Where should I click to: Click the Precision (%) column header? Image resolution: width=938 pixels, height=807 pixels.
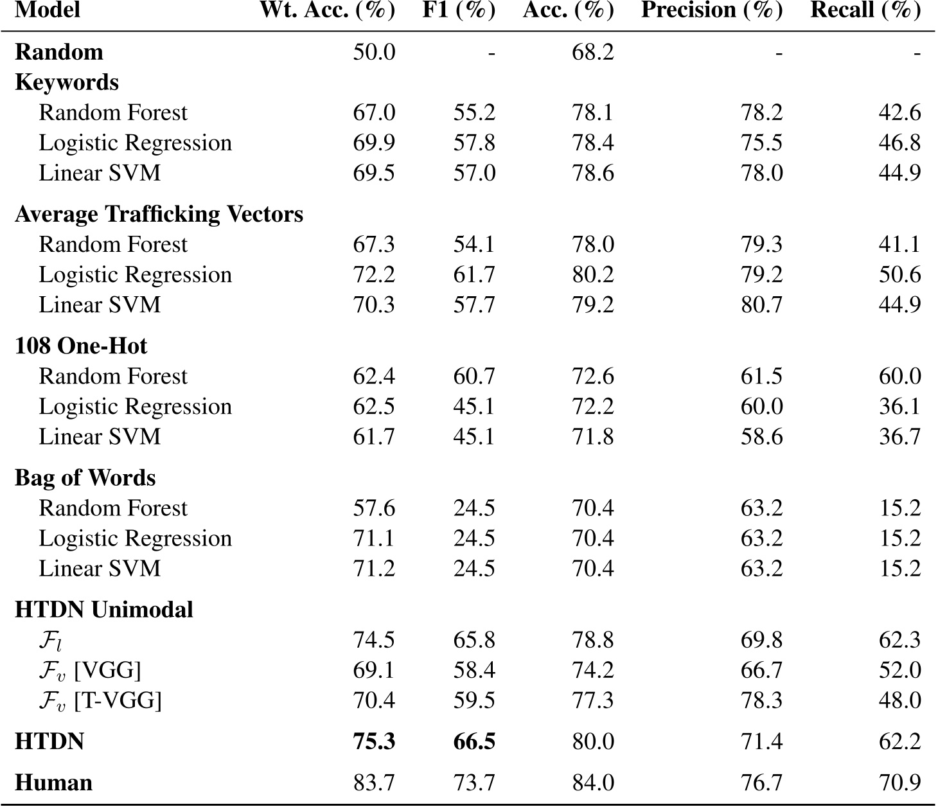click(712, 11)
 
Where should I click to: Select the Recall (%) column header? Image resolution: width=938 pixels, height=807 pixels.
click(865, 11)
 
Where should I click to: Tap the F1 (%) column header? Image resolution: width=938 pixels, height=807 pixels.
click(459, 11)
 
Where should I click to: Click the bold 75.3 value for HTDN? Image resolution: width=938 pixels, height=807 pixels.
click(374, 741)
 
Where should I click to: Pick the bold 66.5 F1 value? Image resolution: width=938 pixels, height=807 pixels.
click(474, 741)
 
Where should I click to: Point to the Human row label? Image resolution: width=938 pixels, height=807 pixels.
click(53, 783)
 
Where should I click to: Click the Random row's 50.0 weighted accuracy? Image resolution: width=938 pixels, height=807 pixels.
click(374, 52)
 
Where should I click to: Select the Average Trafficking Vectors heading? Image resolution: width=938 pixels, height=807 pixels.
click(159, 214)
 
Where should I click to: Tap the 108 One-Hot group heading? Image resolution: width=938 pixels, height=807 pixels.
click(81, 346)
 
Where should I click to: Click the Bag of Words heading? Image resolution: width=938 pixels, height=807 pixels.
click(85, 478)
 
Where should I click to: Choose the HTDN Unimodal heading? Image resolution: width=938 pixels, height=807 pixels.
click(103, 610)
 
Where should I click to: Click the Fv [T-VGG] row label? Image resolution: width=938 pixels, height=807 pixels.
click(100, 700)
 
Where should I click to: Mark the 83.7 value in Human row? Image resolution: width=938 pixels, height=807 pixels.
click(374, 783)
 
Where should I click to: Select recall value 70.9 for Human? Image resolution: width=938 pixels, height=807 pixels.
click(899, 783)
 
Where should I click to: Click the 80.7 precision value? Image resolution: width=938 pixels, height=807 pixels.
click(761, 305)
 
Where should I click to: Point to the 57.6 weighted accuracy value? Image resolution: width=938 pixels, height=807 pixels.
click(374, 508)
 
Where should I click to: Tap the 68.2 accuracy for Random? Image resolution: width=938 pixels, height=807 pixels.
click(592, 52)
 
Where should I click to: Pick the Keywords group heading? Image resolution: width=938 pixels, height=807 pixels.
click(67, 82)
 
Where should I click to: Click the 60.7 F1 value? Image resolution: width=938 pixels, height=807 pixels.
click(474, 377)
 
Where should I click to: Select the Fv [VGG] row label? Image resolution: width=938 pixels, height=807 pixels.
click(89, 670)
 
